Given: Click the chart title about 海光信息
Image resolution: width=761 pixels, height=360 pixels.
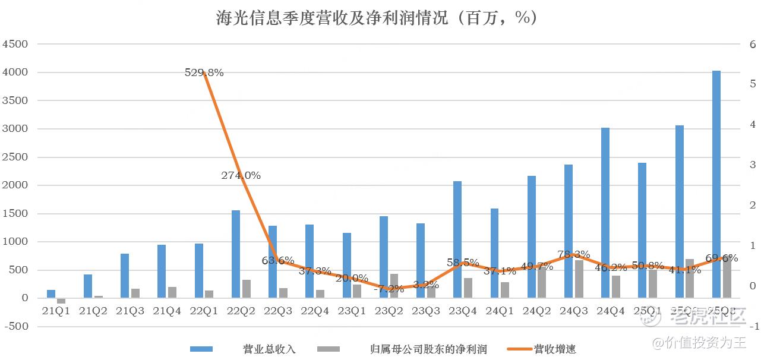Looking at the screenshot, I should click(x=377, y=18).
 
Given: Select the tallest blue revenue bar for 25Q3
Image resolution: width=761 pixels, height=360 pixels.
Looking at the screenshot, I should click(x=716, y=184).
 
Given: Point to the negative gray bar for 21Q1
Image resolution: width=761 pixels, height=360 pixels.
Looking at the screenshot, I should click(x=61, y=301).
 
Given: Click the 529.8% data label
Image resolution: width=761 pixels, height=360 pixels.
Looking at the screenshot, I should click(x=204, y=73).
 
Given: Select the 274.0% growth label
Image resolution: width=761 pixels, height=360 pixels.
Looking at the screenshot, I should click(x=241, y=175).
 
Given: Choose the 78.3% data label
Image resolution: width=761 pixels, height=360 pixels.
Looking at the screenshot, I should click(x=574, y=255).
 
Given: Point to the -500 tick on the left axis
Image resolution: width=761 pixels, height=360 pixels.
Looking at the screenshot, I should click(x=16, y=326).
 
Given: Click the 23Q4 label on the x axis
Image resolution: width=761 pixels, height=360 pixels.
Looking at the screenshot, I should click(x=462, y=311).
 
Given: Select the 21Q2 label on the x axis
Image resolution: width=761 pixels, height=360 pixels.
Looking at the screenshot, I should click(x=93, y=311).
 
